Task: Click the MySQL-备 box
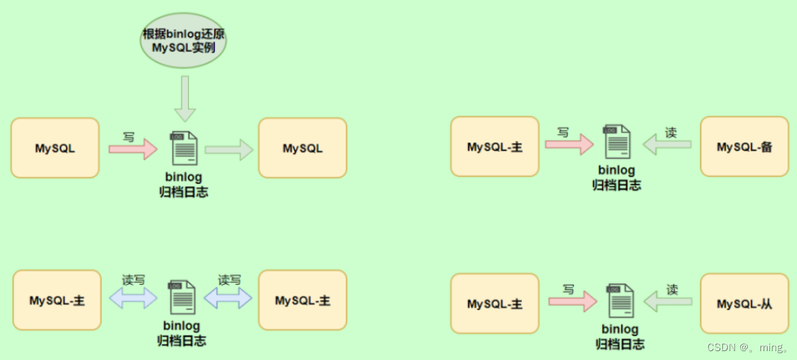point(745,146)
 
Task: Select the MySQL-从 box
point(745,304)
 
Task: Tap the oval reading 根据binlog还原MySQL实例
point(184,42)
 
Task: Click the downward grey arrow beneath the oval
point(185,99)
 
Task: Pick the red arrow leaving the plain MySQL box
point(133,149)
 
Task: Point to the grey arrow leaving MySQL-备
point(667,144)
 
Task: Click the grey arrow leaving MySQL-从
point(668,302)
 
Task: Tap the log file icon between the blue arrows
point(181,298)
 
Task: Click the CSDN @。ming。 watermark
point(748,347)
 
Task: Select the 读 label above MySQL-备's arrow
point(671,133)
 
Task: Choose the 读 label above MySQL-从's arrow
point(672,290)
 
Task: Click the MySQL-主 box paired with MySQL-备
point(494,146)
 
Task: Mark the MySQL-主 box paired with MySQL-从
point(494,304)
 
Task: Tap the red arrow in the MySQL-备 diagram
point(569,144)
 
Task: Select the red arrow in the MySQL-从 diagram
point(572,302)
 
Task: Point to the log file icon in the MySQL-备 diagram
point(616,143)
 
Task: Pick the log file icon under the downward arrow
point(184,148)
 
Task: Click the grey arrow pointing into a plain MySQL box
point(229,149)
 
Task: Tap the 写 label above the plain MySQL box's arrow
point(129,137)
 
